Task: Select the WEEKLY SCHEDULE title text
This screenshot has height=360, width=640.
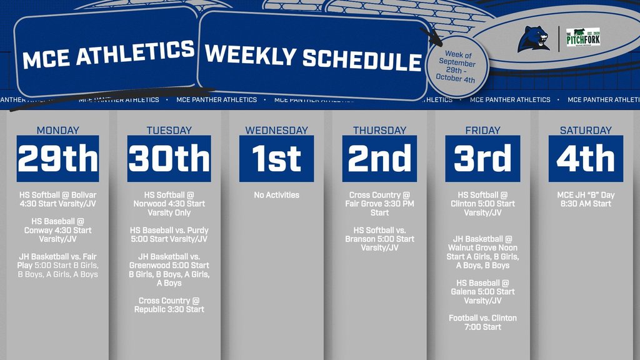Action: [313, 57]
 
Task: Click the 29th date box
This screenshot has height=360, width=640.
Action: [58, 159]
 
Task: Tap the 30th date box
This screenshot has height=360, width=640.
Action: [169, 159]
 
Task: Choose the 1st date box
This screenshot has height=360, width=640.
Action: [276, 159]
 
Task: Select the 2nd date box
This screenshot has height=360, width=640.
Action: [379, 159]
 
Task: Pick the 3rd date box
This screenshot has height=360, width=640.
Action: [482, 159]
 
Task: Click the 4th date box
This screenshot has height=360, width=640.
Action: [586, 159]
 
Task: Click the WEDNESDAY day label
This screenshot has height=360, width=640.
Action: [276, 131]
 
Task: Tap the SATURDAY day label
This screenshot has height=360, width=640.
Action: [586, 131]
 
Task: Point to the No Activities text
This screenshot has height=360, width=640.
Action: [276, 195]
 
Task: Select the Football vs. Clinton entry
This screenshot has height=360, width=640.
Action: [482, 322]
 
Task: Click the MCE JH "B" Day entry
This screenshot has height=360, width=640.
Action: [586, 199]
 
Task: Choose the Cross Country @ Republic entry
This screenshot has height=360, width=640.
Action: [169, 305]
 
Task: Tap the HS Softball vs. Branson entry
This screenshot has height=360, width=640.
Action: [379, 239]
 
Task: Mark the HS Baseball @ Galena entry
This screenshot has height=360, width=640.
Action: [482, 291]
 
